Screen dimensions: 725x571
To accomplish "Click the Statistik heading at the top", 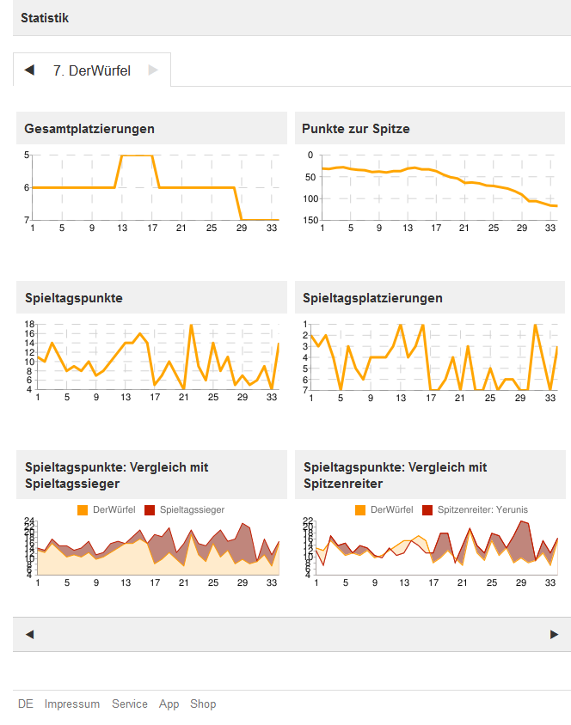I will pyautogui.click(x=45, y=18).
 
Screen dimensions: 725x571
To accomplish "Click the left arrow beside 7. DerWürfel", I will pyautogui.click(x=29, y=70).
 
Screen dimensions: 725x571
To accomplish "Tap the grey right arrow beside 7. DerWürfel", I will pyautogui.click(x=153, y=70).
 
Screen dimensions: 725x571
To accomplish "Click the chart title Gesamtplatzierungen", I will pyautogui.click(x=89, y=129).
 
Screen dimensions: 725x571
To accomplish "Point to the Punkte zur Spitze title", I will pyautogui.click(x=356, y=129).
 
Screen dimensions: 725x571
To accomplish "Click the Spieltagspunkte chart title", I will pyautogui.click(x=74, y=298).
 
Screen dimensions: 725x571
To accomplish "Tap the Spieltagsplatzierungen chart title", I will pyautogui.click(x=372, y=298).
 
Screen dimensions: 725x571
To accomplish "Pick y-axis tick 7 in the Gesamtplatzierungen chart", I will pyautogui.click(x=27, y=221).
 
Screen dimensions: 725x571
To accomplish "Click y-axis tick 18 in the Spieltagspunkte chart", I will pyautogui.click(x=29, y=324).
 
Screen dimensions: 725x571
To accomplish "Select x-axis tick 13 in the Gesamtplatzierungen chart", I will pyautogui.click(x=123, y=228).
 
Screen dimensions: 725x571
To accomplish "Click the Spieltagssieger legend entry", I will pyautogui.click(x=192, y=509).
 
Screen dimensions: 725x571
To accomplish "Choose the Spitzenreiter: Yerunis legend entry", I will pyautogui.click(x=482, y=509).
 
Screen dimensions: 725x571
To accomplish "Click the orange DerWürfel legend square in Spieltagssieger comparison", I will pyautogui.click(x=83, y=510).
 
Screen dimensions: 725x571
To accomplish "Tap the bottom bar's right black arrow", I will pyautogui.click(x=554, y=635).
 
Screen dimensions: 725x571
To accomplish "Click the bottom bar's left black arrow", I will pyautogui.click(x=29, y=635).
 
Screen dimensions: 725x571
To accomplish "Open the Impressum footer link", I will pyautogui.click(x=72, y=704).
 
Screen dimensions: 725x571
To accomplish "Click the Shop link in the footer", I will pyautogui.click(x=203, y=704).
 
